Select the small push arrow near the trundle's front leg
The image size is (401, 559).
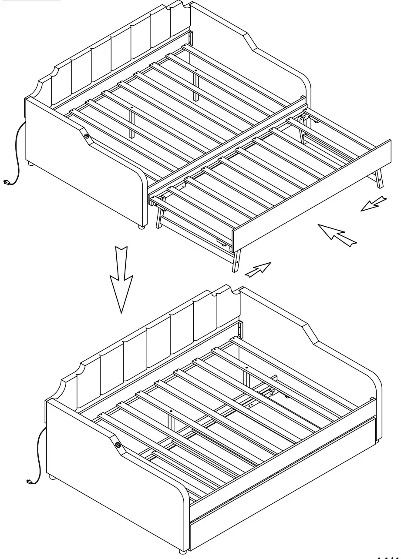[x=258, y=269]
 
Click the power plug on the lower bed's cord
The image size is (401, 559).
[x=28, y=482]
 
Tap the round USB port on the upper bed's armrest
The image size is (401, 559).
[x=87, y=136]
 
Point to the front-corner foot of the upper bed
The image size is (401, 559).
[x=141, y=227]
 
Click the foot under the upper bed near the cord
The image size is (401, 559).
[x=30, y=164]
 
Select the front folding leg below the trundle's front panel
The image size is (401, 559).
[x=236, y=261]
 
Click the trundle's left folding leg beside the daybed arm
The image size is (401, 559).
[x=158, y=218]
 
